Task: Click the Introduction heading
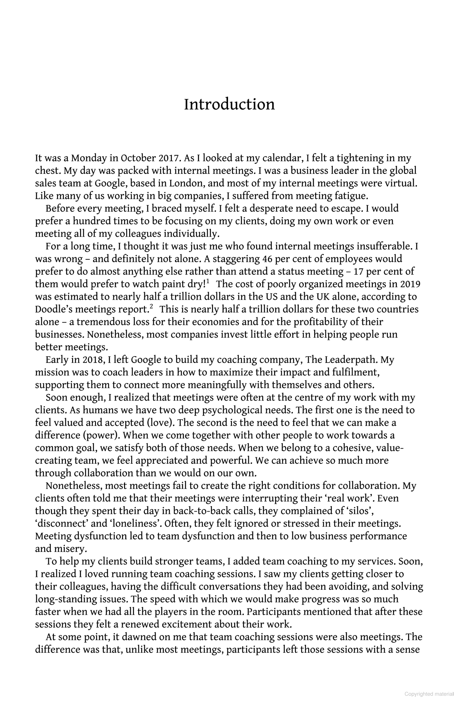[229, 104]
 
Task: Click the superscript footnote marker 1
[208, 282]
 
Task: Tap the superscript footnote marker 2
[151, 307]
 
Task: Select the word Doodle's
[53, 309]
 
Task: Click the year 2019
[410, 284]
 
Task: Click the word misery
[73, 549]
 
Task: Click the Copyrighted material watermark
[429, 694]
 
